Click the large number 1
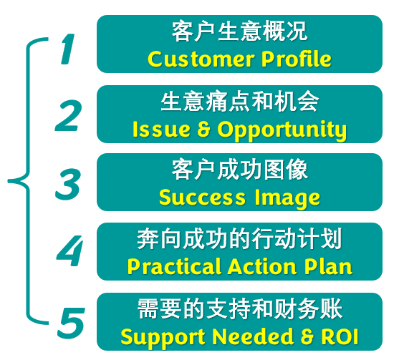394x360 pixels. (68, 49)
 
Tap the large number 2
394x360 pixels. (68, 115)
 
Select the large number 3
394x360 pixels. (68, 185)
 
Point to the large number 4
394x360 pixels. (69, 250)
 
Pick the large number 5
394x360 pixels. (71, 323)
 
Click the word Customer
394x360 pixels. (201, 59)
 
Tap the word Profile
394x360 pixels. (297, 59)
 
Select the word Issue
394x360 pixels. (160, 130)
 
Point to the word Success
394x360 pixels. (202, 198)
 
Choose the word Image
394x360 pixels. (287, 199)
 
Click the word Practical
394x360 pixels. (174, 267)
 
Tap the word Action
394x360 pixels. (262, 267)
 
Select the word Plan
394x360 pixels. (328, 267)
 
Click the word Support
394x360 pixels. (163, 338)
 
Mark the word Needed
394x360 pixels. (253, 336)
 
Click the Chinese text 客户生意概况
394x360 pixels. (239, 31)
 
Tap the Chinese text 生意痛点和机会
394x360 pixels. (239, 102)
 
